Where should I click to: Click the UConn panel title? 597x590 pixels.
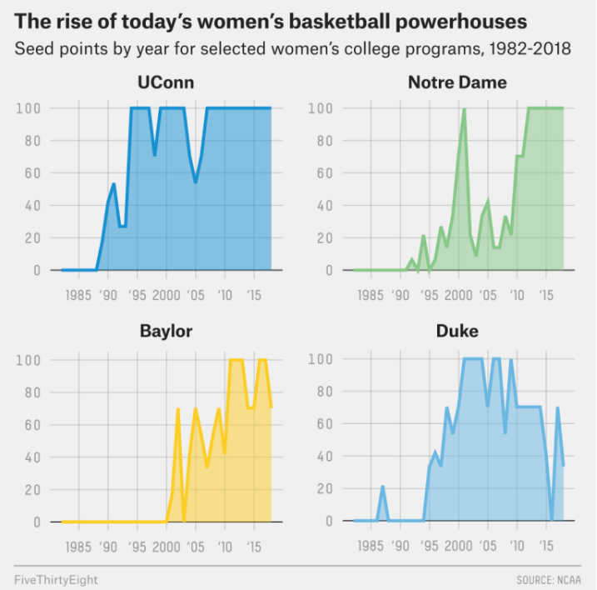click(166, 82)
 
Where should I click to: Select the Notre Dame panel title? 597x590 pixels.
click(457, 82)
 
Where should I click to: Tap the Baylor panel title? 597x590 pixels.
click(166, 332)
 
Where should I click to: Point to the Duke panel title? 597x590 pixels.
click(457, 332)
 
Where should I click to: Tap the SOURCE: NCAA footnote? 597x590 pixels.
click(550, 577)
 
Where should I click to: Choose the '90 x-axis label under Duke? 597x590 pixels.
click(400, 546)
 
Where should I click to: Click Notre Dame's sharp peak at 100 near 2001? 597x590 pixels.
click(464, 109)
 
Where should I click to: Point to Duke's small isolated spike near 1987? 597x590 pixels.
click(382, 487)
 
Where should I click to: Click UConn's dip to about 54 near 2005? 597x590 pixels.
click(196, 182)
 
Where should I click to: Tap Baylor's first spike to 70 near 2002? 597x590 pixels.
click(177, 409)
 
